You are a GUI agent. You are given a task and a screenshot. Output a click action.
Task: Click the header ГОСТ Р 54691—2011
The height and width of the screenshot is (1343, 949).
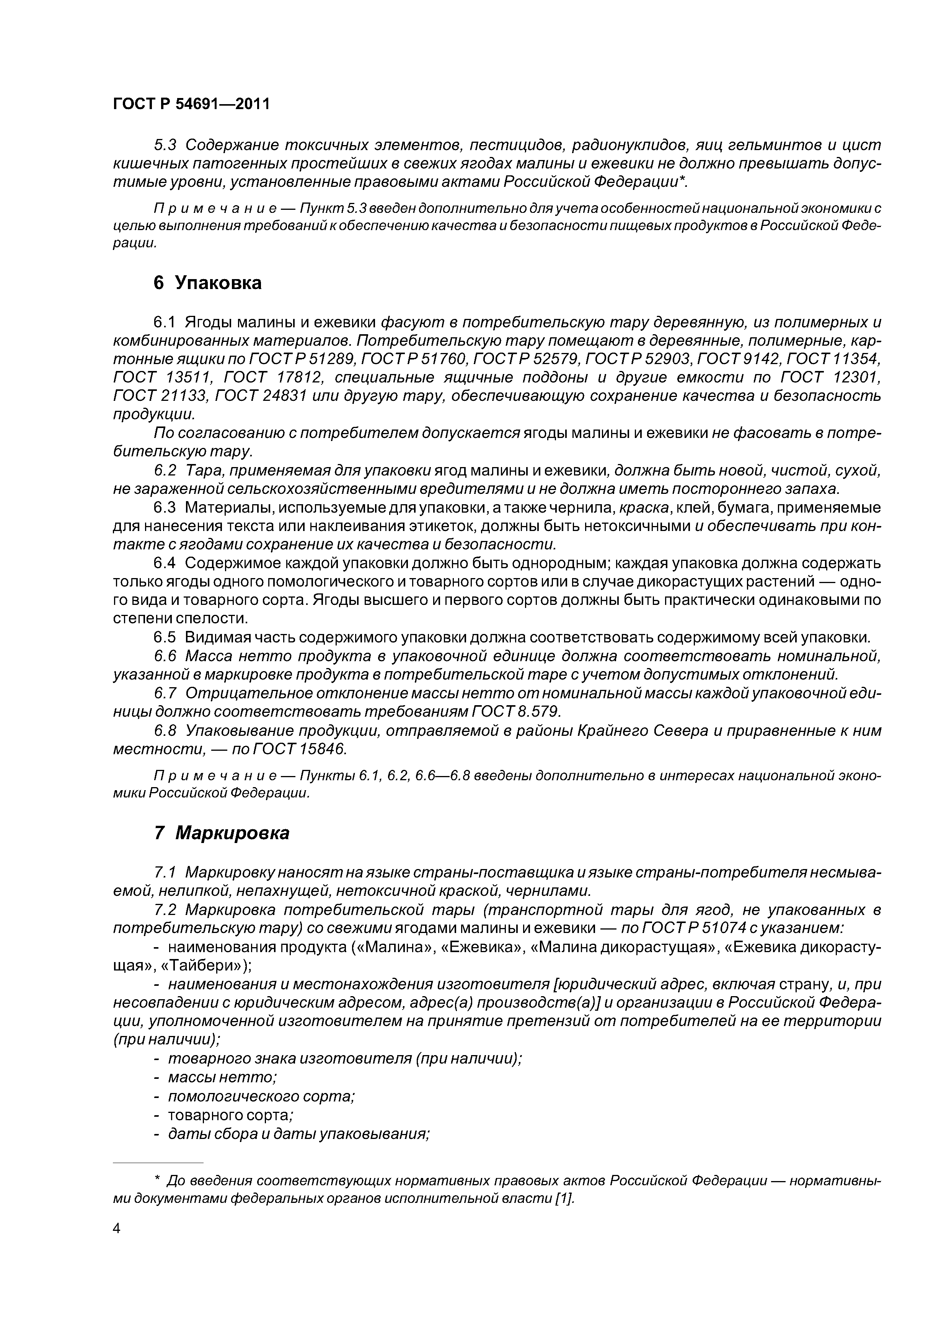[x=191, y=104]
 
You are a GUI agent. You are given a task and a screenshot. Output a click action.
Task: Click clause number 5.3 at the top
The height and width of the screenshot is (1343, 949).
[x=165, y=145]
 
